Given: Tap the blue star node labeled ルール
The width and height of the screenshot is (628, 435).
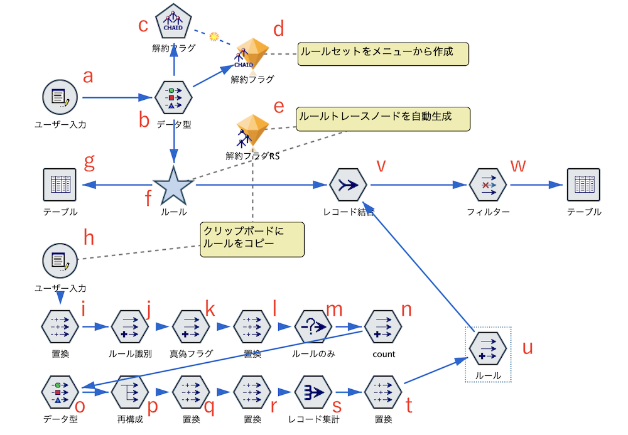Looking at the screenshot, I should click(x=173, y=186).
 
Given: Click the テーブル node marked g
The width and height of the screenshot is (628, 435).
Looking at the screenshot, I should click(x=60, y=185).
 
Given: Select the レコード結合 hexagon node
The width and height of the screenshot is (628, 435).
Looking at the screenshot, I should click(x=348, y=185).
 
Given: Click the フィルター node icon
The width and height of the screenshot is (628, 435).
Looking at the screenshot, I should click(x=487, y=185).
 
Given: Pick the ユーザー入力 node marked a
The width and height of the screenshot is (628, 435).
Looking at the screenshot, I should click(x=60, y=98).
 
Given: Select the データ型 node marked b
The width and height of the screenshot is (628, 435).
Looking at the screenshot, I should click(x=173, y=98).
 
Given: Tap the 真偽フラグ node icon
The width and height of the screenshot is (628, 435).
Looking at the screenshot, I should click(x=191, y=327).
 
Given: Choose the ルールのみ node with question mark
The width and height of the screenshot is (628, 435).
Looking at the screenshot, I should click(x=313, y=327).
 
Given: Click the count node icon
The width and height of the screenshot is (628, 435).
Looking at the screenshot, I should click(x=383, y=327).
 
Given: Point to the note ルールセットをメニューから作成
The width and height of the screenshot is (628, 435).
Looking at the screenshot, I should click(x=382, y=53).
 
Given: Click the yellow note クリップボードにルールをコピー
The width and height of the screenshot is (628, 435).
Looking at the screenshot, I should click(x=252, y=239).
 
